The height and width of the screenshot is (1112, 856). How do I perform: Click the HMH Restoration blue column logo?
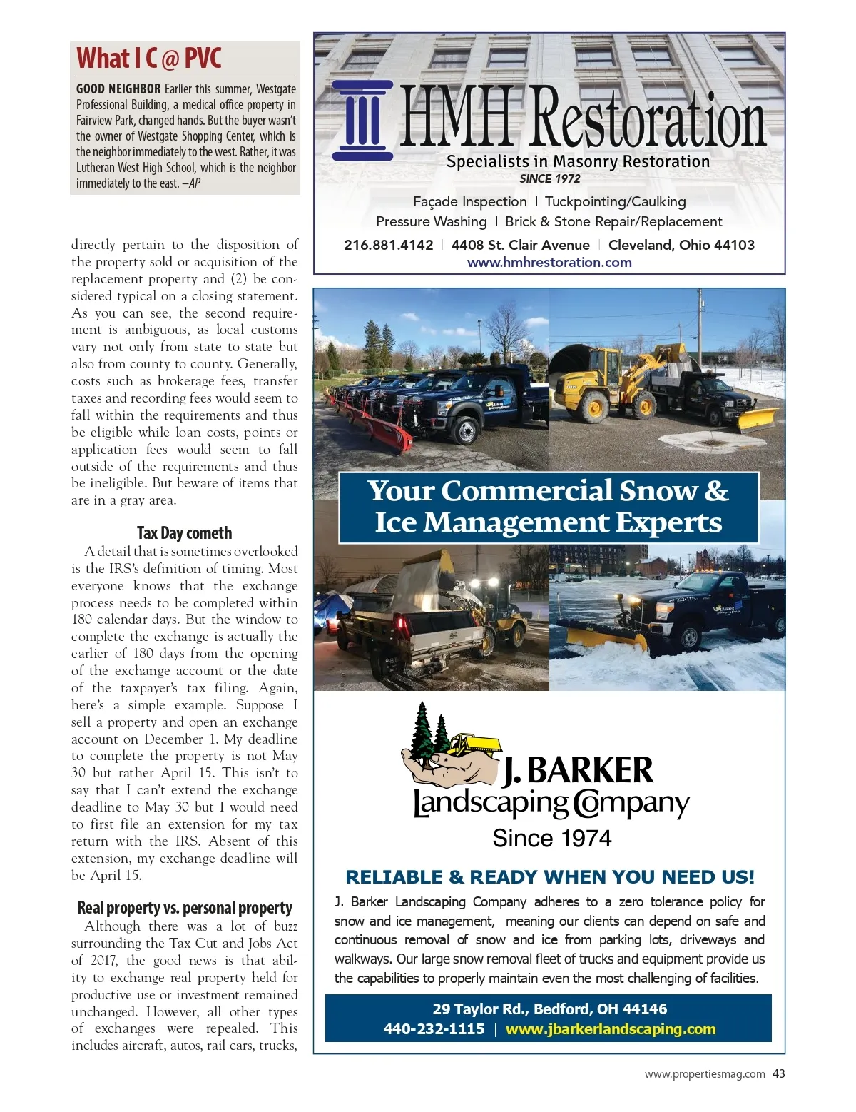coord(363,120)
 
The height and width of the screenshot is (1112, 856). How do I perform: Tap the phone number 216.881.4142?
coord(388,245)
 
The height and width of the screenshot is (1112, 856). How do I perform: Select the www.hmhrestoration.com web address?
coord(549,262)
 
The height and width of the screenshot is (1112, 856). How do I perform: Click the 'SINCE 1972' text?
coord(549,178)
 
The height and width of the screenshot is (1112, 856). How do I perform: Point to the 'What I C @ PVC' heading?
coord(149,58)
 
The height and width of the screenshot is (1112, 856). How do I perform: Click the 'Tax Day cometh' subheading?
coord(184,533)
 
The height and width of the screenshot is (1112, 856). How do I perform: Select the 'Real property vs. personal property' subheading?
coord(184,908)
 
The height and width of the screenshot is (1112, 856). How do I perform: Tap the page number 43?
coord(778,1073)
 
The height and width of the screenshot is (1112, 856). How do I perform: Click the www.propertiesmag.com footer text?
coord(705,1073)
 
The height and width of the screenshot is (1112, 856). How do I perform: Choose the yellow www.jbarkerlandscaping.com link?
coord(610,1029)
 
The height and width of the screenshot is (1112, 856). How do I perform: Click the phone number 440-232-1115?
coord(434,1029)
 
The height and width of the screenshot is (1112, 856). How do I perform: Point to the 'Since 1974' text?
coord(551,838)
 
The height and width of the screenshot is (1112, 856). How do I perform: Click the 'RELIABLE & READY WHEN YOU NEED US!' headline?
coord(549,877)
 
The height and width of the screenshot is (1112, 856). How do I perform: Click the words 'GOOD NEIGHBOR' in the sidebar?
coord(118,89)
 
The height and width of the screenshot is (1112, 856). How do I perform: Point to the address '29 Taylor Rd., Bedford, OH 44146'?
coord(549,1009)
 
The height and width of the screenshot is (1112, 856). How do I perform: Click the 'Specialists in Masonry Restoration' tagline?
coord(578,162)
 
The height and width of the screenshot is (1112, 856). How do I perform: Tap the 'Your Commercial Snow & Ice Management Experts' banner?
coord(549,507)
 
